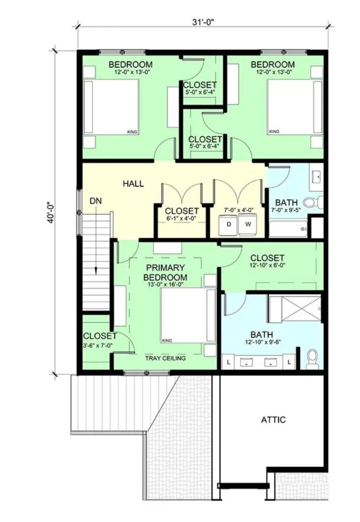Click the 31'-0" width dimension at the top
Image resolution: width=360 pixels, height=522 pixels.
point(203,22)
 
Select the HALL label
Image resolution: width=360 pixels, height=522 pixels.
point(133,184)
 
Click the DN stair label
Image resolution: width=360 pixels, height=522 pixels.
point(96,201)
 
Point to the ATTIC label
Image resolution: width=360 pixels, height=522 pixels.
point(273,420)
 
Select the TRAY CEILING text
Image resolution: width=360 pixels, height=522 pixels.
point(165,358)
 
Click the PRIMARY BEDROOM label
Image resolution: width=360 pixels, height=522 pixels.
point(165,272)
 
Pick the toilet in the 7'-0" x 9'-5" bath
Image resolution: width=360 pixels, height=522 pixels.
point(314,202)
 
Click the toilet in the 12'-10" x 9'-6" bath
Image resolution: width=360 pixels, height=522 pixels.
point(312,359)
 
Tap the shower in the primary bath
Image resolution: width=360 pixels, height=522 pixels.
point(295,309)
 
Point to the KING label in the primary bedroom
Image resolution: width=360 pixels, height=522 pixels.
point(167,341)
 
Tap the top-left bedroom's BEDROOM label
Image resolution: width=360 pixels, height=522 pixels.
point(130,64)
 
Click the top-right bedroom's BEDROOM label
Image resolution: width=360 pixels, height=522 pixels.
point(273,64)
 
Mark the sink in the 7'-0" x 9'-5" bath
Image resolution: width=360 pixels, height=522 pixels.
point(316,177)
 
